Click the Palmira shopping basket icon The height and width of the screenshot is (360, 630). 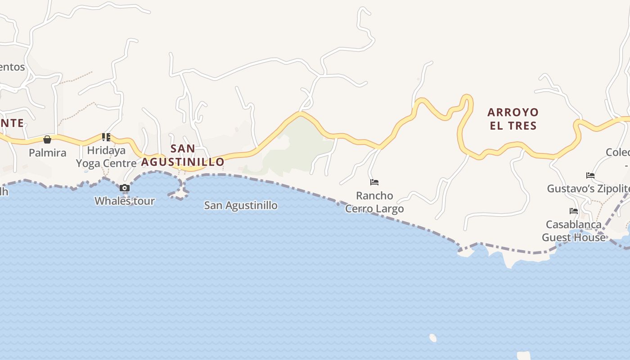47,139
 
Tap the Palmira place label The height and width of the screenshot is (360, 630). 47,153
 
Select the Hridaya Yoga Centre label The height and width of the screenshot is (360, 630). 106,157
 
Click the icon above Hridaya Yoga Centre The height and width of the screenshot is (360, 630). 106,137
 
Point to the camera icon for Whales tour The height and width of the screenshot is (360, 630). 125,188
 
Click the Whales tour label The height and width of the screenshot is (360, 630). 125,201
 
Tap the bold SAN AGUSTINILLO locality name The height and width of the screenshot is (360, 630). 183,155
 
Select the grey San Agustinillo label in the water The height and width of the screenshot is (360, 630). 241,206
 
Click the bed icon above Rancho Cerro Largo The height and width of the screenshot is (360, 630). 374,182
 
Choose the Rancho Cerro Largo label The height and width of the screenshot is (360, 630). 374,202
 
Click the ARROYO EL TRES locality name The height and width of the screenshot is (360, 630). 513,119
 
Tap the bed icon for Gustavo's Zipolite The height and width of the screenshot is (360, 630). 590,175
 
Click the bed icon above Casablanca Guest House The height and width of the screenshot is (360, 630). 574,211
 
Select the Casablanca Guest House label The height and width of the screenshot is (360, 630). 574,231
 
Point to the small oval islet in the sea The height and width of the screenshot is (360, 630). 433,338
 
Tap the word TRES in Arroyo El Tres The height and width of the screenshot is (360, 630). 522,126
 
